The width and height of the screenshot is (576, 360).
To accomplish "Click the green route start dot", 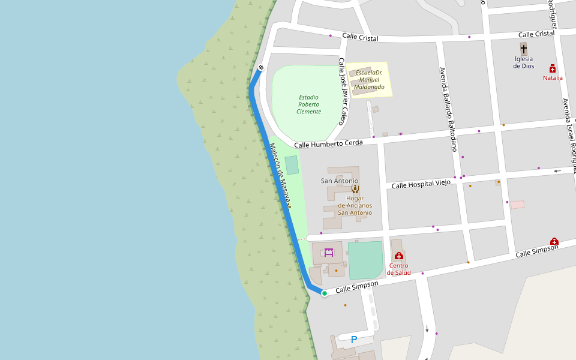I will click(324, 293).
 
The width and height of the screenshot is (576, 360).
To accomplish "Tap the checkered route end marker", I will click(261, 67).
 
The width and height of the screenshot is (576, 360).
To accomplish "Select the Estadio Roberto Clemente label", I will click(308, 104).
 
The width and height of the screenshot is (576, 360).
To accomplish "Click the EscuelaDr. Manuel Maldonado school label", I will click(369, 80).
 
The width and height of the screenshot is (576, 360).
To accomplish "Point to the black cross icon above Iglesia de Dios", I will click(523, 49).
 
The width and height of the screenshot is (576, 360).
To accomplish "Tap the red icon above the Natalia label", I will click(553, 68).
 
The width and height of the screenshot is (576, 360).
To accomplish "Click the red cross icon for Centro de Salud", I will click(399, 256).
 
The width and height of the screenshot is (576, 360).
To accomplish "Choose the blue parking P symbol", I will click(354, 340).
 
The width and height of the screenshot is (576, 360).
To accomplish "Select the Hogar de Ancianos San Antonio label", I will click(355, 205).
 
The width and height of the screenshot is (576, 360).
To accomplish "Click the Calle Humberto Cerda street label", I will click(328, 143).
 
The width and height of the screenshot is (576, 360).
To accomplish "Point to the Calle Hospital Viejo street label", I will click(421, 184).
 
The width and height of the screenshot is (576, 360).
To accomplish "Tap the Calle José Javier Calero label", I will click(342, 91).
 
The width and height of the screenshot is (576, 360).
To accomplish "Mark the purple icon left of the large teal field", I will click(329, 253).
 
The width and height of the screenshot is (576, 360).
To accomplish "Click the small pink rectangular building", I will click(517, 205).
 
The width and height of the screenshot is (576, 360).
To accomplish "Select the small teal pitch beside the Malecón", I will click(292, 165).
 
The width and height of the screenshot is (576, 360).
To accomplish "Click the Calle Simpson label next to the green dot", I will click(356, 287).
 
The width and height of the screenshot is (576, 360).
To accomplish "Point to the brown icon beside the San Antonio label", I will click(355, 188).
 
